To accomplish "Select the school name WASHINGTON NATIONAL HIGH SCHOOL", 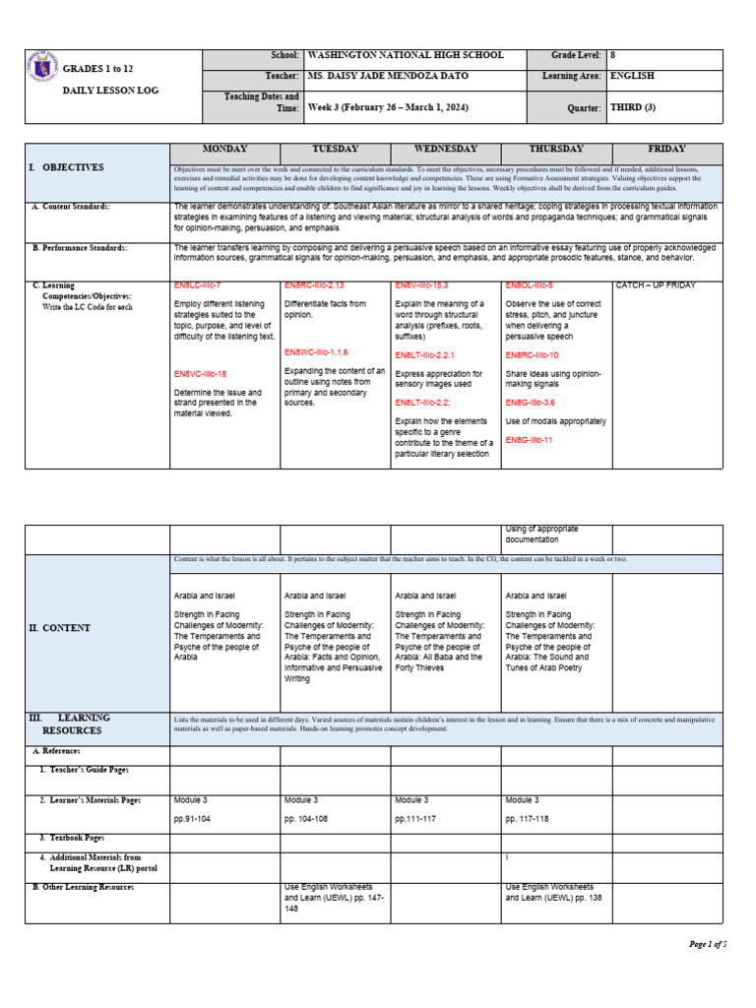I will click(406, 56).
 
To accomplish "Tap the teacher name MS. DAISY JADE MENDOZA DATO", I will click(388, 76).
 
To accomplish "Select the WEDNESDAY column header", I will click(446, 149).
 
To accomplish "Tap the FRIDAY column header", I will click(666, 149).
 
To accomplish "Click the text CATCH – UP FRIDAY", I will click(656, 285).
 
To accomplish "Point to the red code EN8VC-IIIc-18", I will click(200, 374).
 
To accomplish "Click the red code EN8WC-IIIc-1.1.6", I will click(316, 351).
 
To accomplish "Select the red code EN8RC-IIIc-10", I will click(532, 354).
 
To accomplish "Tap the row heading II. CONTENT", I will click(59, 628).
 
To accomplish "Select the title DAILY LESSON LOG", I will click(109, 91).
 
